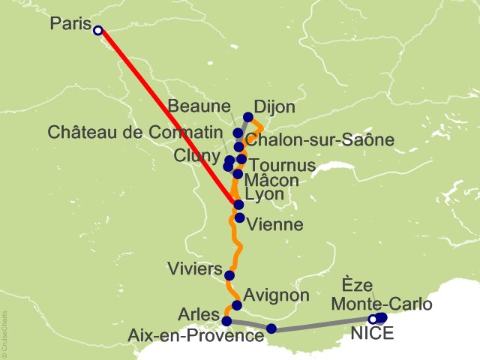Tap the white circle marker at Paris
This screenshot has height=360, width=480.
(x=97, y=30)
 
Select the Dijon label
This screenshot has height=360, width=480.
(x=274, y=108)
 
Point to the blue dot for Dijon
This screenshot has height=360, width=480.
(x=248, y=117)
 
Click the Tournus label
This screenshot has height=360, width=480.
(x=281, y=164)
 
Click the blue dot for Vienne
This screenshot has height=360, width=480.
(x=239, y=218)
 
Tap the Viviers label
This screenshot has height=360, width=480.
(x=195, y=269)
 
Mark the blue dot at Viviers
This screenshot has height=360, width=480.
(x=229, y=275)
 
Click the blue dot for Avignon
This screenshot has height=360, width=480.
(x=237, y=305)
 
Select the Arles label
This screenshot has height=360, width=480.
(x=199, y=313)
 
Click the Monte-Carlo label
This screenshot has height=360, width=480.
(x=382, y=304)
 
